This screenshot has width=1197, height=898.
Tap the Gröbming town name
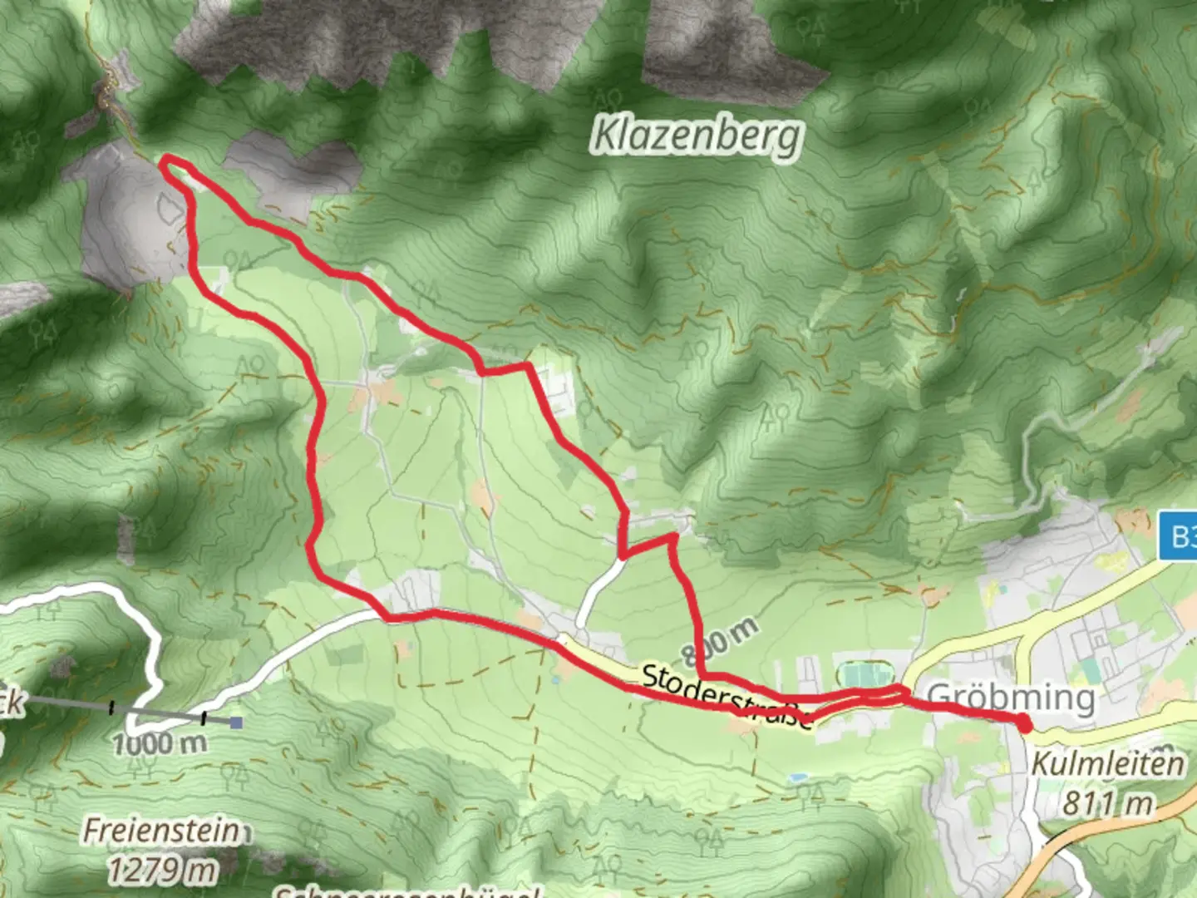tap(1010, 697)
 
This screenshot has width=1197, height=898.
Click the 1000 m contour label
tap(159, 743)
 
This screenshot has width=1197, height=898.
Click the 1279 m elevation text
tap(161, 869)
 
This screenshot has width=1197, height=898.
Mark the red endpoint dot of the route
tap(1025, 725)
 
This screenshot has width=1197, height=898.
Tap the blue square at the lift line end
tap(237, 723)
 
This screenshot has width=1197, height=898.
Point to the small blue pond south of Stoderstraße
tap(799, 777)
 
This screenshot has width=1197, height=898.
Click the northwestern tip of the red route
tap(164, 161)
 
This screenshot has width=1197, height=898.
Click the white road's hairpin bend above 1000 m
tap(154, 657)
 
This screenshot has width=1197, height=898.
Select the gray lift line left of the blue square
tap(158, 712)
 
